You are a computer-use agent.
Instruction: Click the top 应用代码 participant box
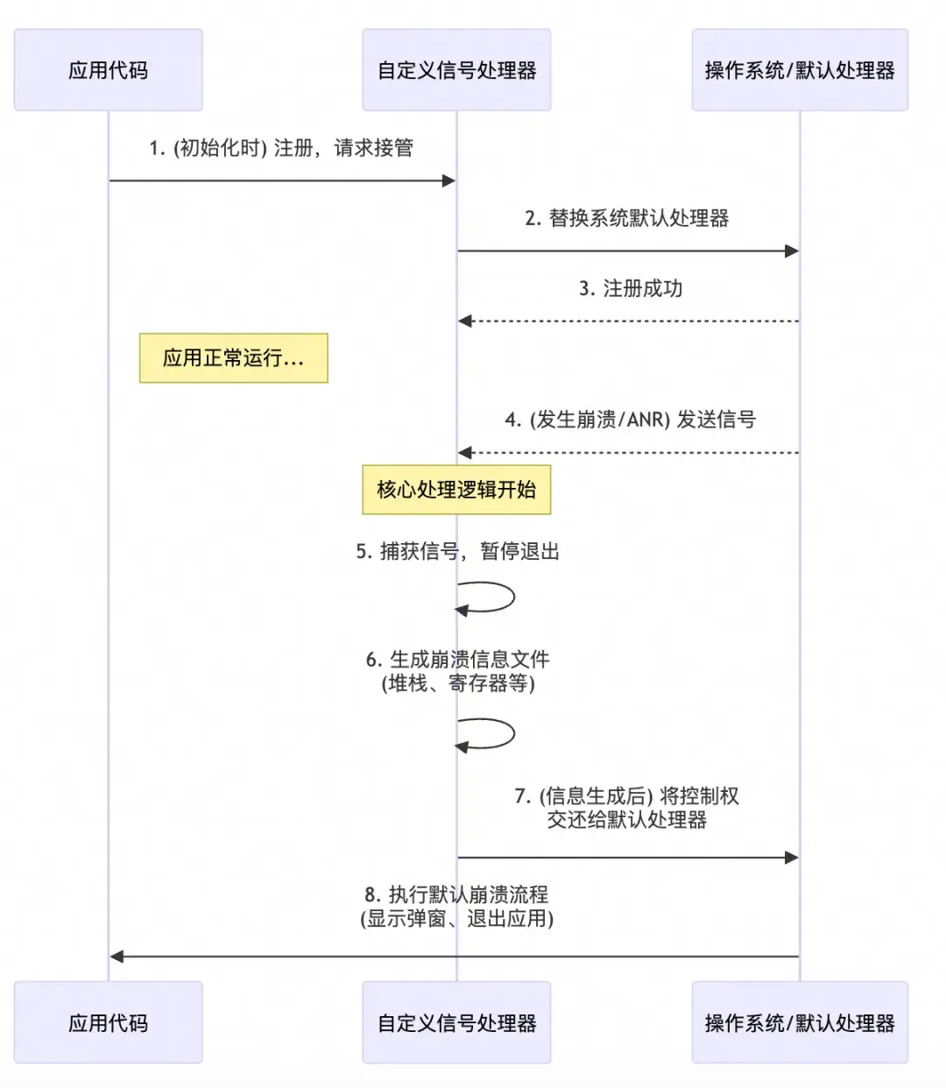coord(108,70)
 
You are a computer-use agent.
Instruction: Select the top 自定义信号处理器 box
coord(456,70)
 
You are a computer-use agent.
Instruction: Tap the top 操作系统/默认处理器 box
coord(800,70)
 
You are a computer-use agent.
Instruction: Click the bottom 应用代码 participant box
coord(108,1022)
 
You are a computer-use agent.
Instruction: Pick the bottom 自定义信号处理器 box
coord(456,1022)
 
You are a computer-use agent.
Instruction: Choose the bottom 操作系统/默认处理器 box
coord(800,1022)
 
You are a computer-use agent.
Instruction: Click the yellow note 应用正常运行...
coord(233,357)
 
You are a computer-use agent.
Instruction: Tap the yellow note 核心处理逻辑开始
coord(456,489)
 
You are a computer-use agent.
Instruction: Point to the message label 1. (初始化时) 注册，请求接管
coord(281,148)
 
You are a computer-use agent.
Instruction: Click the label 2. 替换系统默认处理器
coord(627,218)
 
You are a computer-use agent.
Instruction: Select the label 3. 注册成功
coord(631,288)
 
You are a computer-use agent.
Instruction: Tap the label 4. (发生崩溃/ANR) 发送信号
coord(630,420)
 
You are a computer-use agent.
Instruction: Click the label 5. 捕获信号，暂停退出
coord(457,551)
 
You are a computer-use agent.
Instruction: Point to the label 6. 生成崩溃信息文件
coord(457,660)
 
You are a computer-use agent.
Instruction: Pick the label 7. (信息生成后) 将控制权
coord(627,796)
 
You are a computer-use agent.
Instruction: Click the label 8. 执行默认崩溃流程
coord(456,894)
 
